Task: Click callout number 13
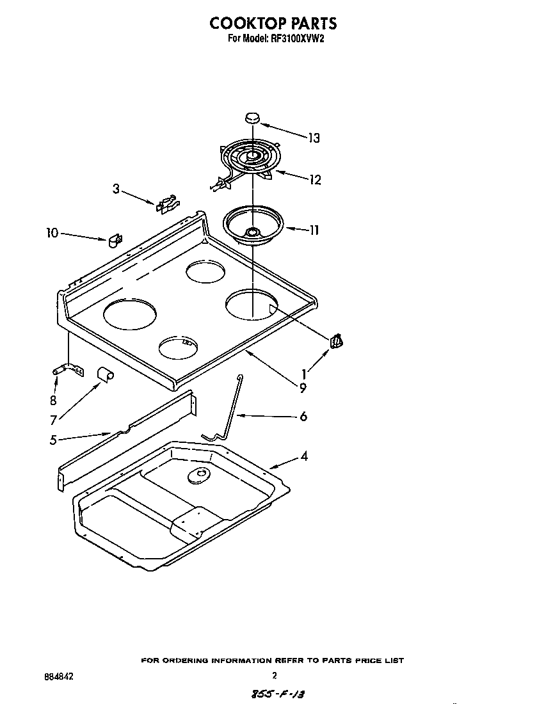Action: pos(314,138)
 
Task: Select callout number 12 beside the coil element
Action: pos(314,180)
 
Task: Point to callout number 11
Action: pos(313,230)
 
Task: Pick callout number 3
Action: pos(116,189)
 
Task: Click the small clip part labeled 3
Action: pos(165,204)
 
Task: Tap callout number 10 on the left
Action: pos(51,233)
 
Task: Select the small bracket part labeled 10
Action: pos(115,240)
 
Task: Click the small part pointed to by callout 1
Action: pos(337,342)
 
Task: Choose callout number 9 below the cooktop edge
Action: pos(302,387)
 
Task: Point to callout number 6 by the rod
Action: pos(303,416)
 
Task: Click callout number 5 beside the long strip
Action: pos(53,439)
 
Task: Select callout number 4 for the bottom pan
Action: pos(304,456)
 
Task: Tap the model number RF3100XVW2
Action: pos(297,38)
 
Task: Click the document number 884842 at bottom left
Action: pos(58,676)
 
